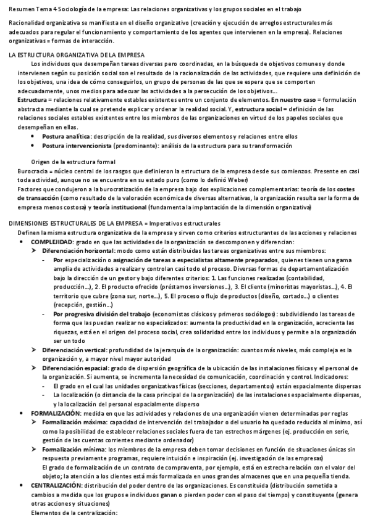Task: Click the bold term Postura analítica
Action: (x=66, y=136)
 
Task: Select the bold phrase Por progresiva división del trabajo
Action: (x=101, y=314)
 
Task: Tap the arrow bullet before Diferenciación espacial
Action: (x=35, y=368)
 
